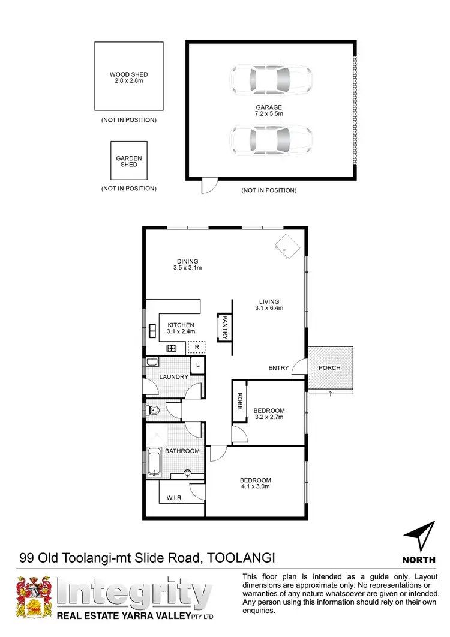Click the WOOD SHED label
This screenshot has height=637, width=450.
(x=129, y=75)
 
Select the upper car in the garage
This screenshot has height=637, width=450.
(x=271, y=78)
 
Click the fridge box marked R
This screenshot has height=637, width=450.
(x=196, y=347)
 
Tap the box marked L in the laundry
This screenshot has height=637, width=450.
(x=197, y=364)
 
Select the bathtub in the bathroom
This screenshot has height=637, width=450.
(x=154, y=463)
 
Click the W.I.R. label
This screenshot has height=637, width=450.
(x=175, y=498)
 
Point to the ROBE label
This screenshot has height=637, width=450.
(x=239, y=401)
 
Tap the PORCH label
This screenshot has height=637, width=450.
(x=329, y=368)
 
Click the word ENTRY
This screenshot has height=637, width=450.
(x=278, y=368)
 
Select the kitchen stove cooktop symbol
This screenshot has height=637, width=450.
(x=171, y=348)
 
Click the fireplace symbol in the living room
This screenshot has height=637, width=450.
(x=286, y=245)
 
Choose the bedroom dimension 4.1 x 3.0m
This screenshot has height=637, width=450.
(x=256, y=487)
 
